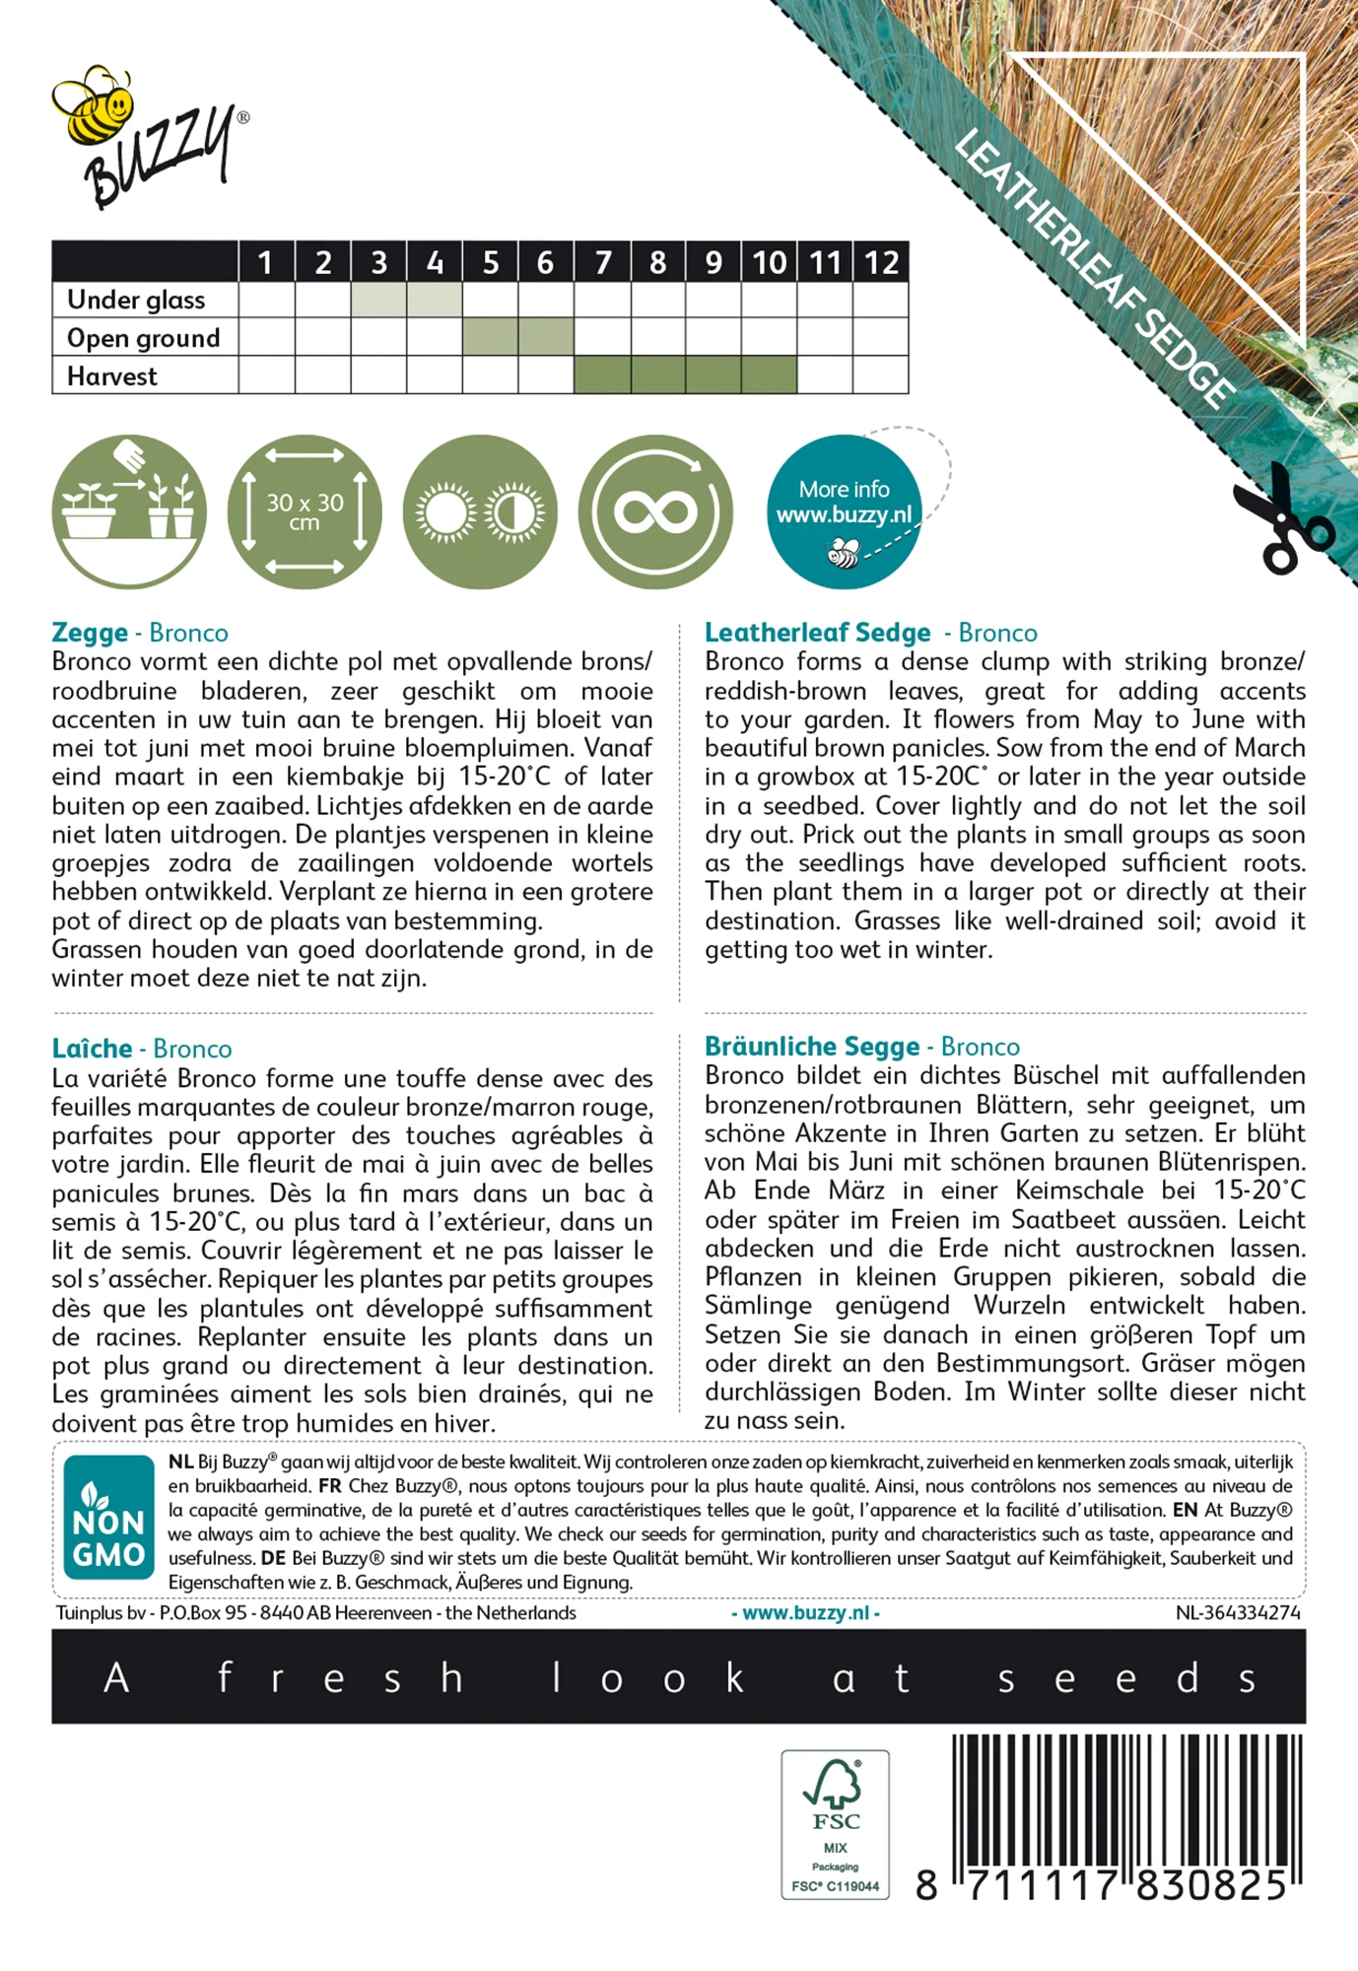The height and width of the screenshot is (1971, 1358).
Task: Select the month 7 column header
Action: pyautogui.click(x=602, y=262)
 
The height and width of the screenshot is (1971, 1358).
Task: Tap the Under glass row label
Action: pyautogui.click(x=136, y=300)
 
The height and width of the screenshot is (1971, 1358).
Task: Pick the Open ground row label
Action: pyautogui.click(x=143, y=338)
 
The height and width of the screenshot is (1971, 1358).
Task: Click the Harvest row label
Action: pyautogui.click(x=111, y=376)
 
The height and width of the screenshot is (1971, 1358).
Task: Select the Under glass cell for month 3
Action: pyautogui.click(x=379, y=300)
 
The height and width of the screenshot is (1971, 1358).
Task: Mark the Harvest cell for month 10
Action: pyautogui.click(x=769, y=375)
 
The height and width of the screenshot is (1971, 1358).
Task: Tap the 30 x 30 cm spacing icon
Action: pyautogui.click(x=305, y=511)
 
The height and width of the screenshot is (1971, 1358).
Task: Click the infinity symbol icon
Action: pyautogui.click(x=655, y=511)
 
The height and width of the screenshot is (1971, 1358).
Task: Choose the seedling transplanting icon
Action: pyautogui.click(x=129, y=511)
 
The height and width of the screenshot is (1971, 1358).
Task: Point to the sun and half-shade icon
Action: pyautogui.click(x=480, y=511)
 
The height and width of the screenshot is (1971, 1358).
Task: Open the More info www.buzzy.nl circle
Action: pyautogui.click(x=845, y=511)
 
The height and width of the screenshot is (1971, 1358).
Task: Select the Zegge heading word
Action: pyautogui.click(x=90, y=633)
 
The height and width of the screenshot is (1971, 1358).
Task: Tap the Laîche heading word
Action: pyautogui.click(x=92, y=1049)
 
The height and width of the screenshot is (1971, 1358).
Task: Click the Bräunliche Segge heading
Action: pyautogui.click(x=812, y=1047)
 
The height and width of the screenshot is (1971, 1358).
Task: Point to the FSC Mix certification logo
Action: pyautogui.click(x=836, y=1824)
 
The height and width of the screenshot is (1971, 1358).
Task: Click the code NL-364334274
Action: pyautogui.click(x=1238, y=1613)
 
